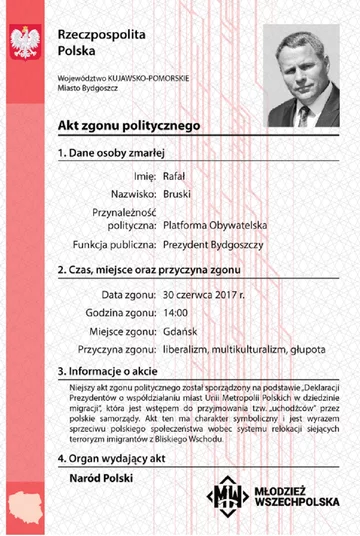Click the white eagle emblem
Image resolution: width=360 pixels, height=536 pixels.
[x=24, y=43]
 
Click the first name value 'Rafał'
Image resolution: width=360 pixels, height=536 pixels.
[x=176, y=176]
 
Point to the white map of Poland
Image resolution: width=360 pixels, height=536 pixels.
[x=23, y=502]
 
